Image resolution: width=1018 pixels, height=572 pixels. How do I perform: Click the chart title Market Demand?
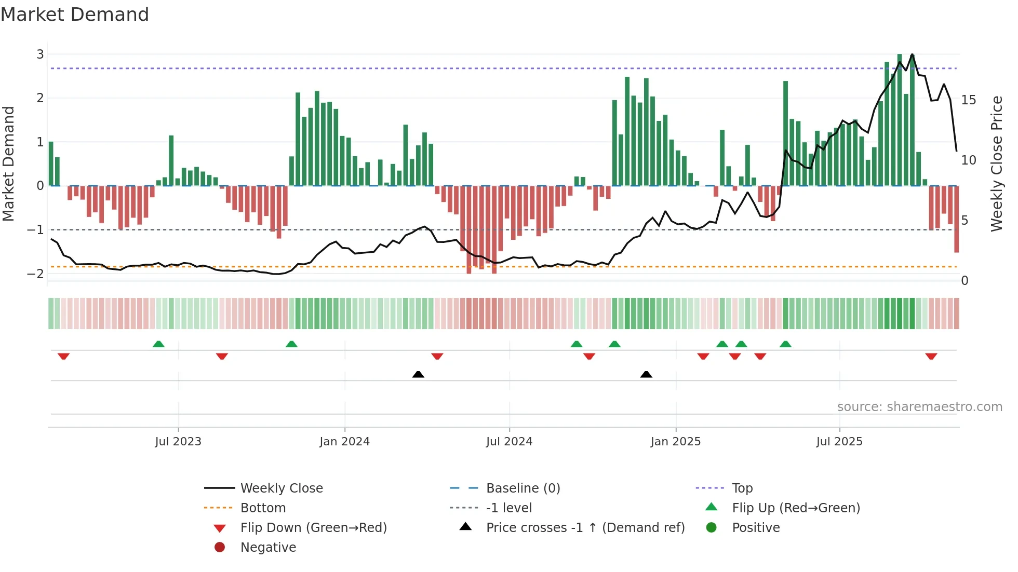[75, 15]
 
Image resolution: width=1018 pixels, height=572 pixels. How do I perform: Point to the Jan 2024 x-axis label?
[344, 442]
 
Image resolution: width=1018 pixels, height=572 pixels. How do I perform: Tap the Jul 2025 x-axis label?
[839, 442]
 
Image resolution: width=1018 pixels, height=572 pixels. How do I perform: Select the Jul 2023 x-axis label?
[178, 442]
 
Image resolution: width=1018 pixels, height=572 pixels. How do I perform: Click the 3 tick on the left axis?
[40, 54]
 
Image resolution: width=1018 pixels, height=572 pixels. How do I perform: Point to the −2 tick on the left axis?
[36, 274]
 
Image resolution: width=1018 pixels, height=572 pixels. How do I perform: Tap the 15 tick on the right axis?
[968, 100]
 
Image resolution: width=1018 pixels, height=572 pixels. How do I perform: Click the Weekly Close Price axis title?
[996, 164]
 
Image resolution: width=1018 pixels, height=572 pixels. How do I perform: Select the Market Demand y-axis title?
[9, 164]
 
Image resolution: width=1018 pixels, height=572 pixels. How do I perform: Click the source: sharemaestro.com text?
[919, 407]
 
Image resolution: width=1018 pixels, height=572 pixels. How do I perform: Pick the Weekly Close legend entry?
[281, 488]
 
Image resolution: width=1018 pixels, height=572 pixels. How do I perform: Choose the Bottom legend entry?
[263, 508]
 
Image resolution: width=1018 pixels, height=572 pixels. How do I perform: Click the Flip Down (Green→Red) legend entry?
[313, 528]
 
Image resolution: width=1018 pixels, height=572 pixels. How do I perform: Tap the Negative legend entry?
[268, 548]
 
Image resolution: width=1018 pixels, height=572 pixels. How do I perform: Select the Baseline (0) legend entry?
[523, 488]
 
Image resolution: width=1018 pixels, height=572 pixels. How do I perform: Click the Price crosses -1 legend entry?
[585, 528]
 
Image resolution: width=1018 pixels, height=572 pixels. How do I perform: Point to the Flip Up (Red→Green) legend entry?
[796, 508]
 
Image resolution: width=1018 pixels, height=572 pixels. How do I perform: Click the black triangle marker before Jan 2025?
[646, 374]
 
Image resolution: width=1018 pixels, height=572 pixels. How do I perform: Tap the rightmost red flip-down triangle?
[931, 356]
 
